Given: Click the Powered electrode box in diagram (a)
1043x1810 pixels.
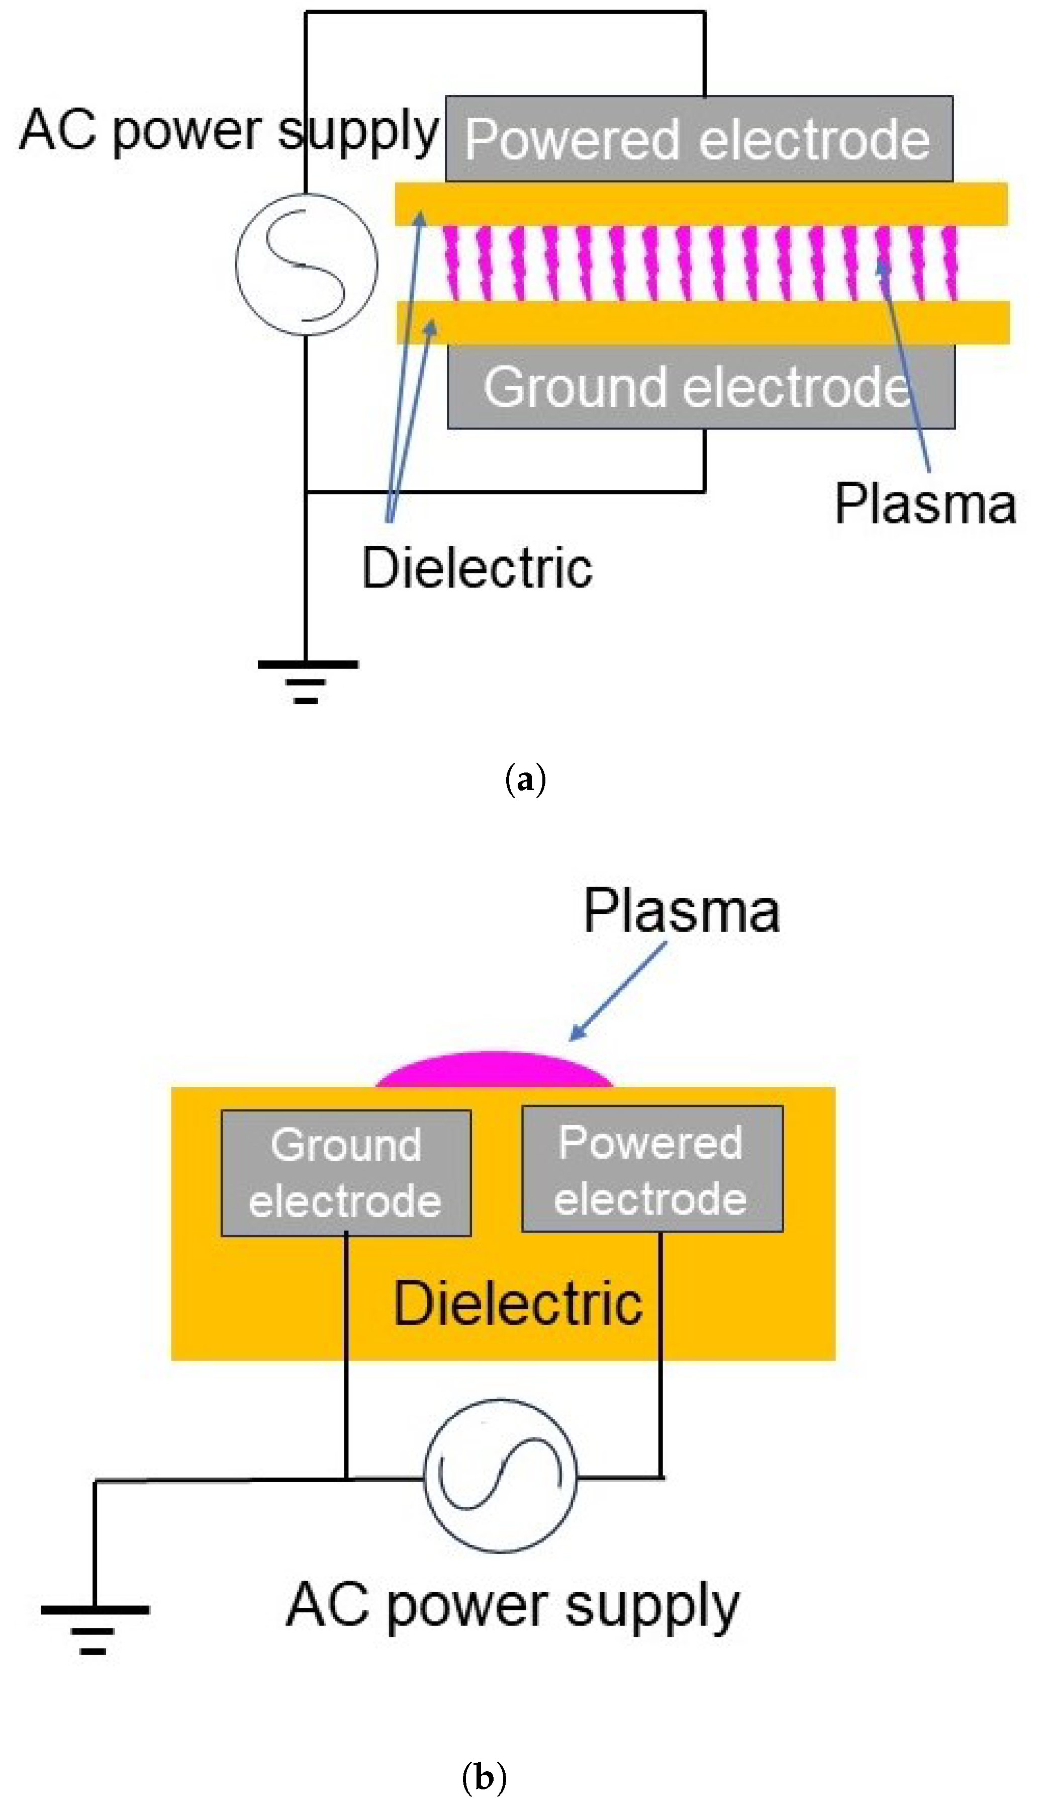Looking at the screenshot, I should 699,138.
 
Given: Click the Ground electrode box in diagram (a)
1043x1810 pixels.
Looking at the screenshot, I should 701,387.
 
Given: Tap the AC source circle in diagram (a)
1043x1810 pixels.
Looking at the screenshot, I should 307,264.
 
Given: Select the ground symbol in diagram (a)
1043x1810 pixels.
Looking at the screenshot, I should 307,681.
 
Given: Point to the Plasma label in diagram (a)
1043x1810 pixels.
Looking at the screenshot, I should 925,504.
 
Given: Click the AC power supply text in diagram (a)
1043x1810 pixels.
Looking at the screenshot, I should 228,131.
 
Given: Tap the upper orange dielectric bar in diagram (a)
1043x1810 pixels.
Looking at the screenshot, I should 702,204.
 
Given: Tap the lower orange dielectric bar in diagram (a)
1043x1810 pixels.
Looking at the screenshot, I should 702,322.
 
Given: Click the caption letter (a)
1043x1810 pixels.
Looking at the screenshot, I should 526,780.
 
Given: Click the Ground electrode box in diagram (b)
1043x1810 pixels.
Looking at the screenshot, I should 346,1173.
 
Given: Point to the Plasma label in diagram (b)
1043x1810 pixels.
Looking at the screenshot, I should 681,911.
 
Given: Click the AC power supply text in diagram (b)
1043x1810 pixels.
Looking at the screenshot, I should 512,1606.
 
